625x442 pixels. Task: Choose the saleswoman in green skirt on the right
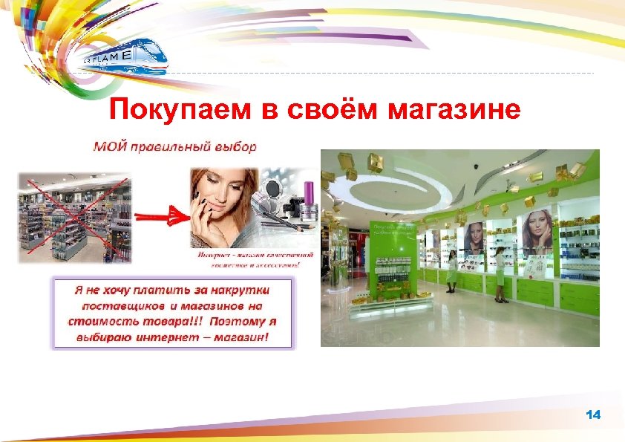click(500, 275)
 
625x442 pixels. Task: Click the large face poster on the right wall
click(537, 231)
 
